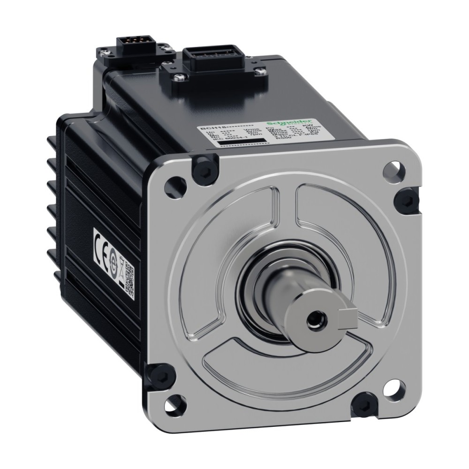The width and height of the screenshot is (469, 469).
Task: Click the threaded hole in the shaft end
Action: point(312,323)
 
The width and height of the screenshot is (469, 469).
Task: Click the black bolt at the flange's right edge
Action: point(403,201)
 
